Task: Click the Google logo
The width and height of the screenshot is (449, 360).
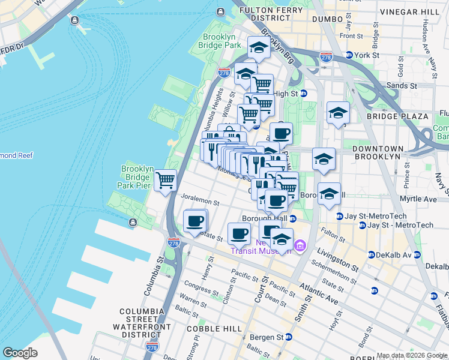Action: (20, 353)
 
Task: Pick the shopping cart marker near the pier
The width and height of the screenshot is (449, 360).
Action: (165, 179)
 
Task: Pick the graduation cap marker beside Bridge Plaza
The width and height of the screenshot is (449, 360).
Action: (338, 113)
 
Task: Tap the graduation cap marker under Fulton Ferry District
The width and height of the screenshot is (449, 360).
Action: (258, 48)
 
